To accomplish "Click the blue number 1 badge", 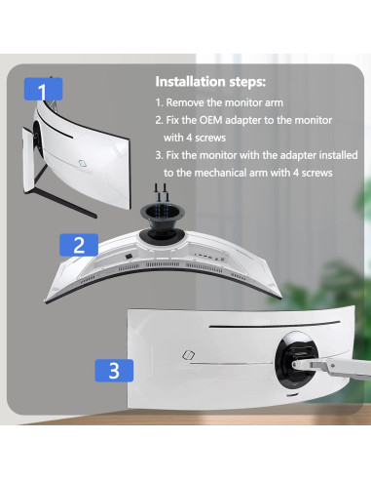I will click(x=42, y=91).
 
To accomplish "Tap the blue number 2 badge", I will click(x=80, y=243).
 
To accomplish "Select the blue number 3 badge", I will click(x=114, y=371).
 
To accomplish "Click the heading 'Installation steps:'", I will click(x=209, y=82).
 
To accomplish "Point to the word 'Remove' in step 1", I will click(x=188, y=102).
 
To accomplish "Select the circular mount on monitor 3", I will click(x=294, y=358).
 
